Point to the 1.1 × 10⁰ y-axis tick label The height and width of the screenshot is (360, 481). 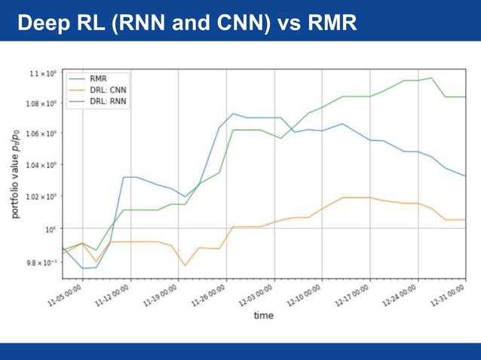(43, 74)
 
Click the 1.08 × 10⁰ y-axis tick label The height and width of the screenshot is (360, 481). (41, 103)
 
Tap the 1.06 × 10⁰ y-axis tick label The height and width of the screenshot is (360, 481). (41, 134)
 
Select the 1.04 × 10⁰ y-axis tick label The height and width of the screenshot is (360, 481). (41, 165)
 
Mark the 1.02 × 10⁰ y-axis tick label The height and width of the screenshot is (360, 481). (41, 197)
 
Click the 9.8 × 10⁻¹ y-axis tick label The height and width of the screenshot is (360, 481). (41, 262)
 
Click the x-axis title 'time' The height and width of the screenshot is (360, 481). (263, 316)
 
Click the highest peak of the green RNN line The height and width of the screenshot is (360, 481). (430, 78)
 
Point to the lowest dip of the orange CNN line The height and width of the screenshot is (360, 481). (185, 265)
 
